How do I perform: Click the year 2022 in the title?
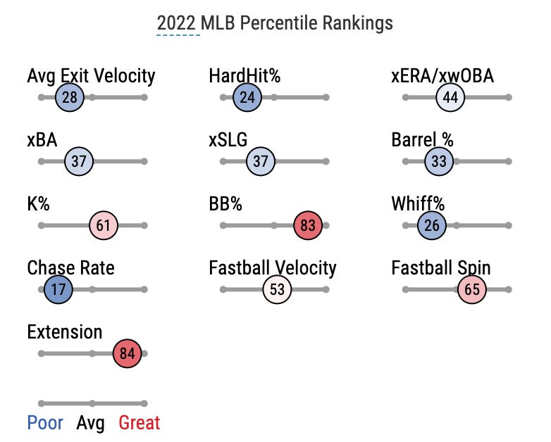178,23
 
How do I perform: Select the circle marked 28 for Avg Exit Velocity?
70,97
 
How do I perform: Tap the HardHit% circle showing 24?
247,97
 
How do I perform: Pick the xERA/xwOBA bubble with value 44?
450,97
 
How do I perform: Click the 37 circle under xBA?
79,161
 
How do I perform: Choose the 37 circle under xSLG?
261,161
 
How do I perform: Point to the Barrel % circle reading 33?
439,161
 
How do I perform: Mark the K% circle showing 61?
104,226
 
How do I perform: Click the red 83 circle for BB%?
308,226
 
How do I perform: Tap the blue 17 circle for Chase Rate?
58,289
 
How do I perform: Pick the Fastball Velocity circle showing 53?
277,289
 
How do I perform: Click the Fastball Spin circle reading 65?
472,289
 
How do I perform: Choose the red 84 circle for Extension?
128,353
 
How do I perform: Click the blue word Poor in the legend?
45,423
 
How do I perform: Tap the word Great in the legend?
139,423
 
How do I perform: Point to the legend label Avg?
90,423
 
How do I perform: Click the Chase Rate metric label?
70,267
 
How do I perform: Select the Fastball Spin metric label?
441,267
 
